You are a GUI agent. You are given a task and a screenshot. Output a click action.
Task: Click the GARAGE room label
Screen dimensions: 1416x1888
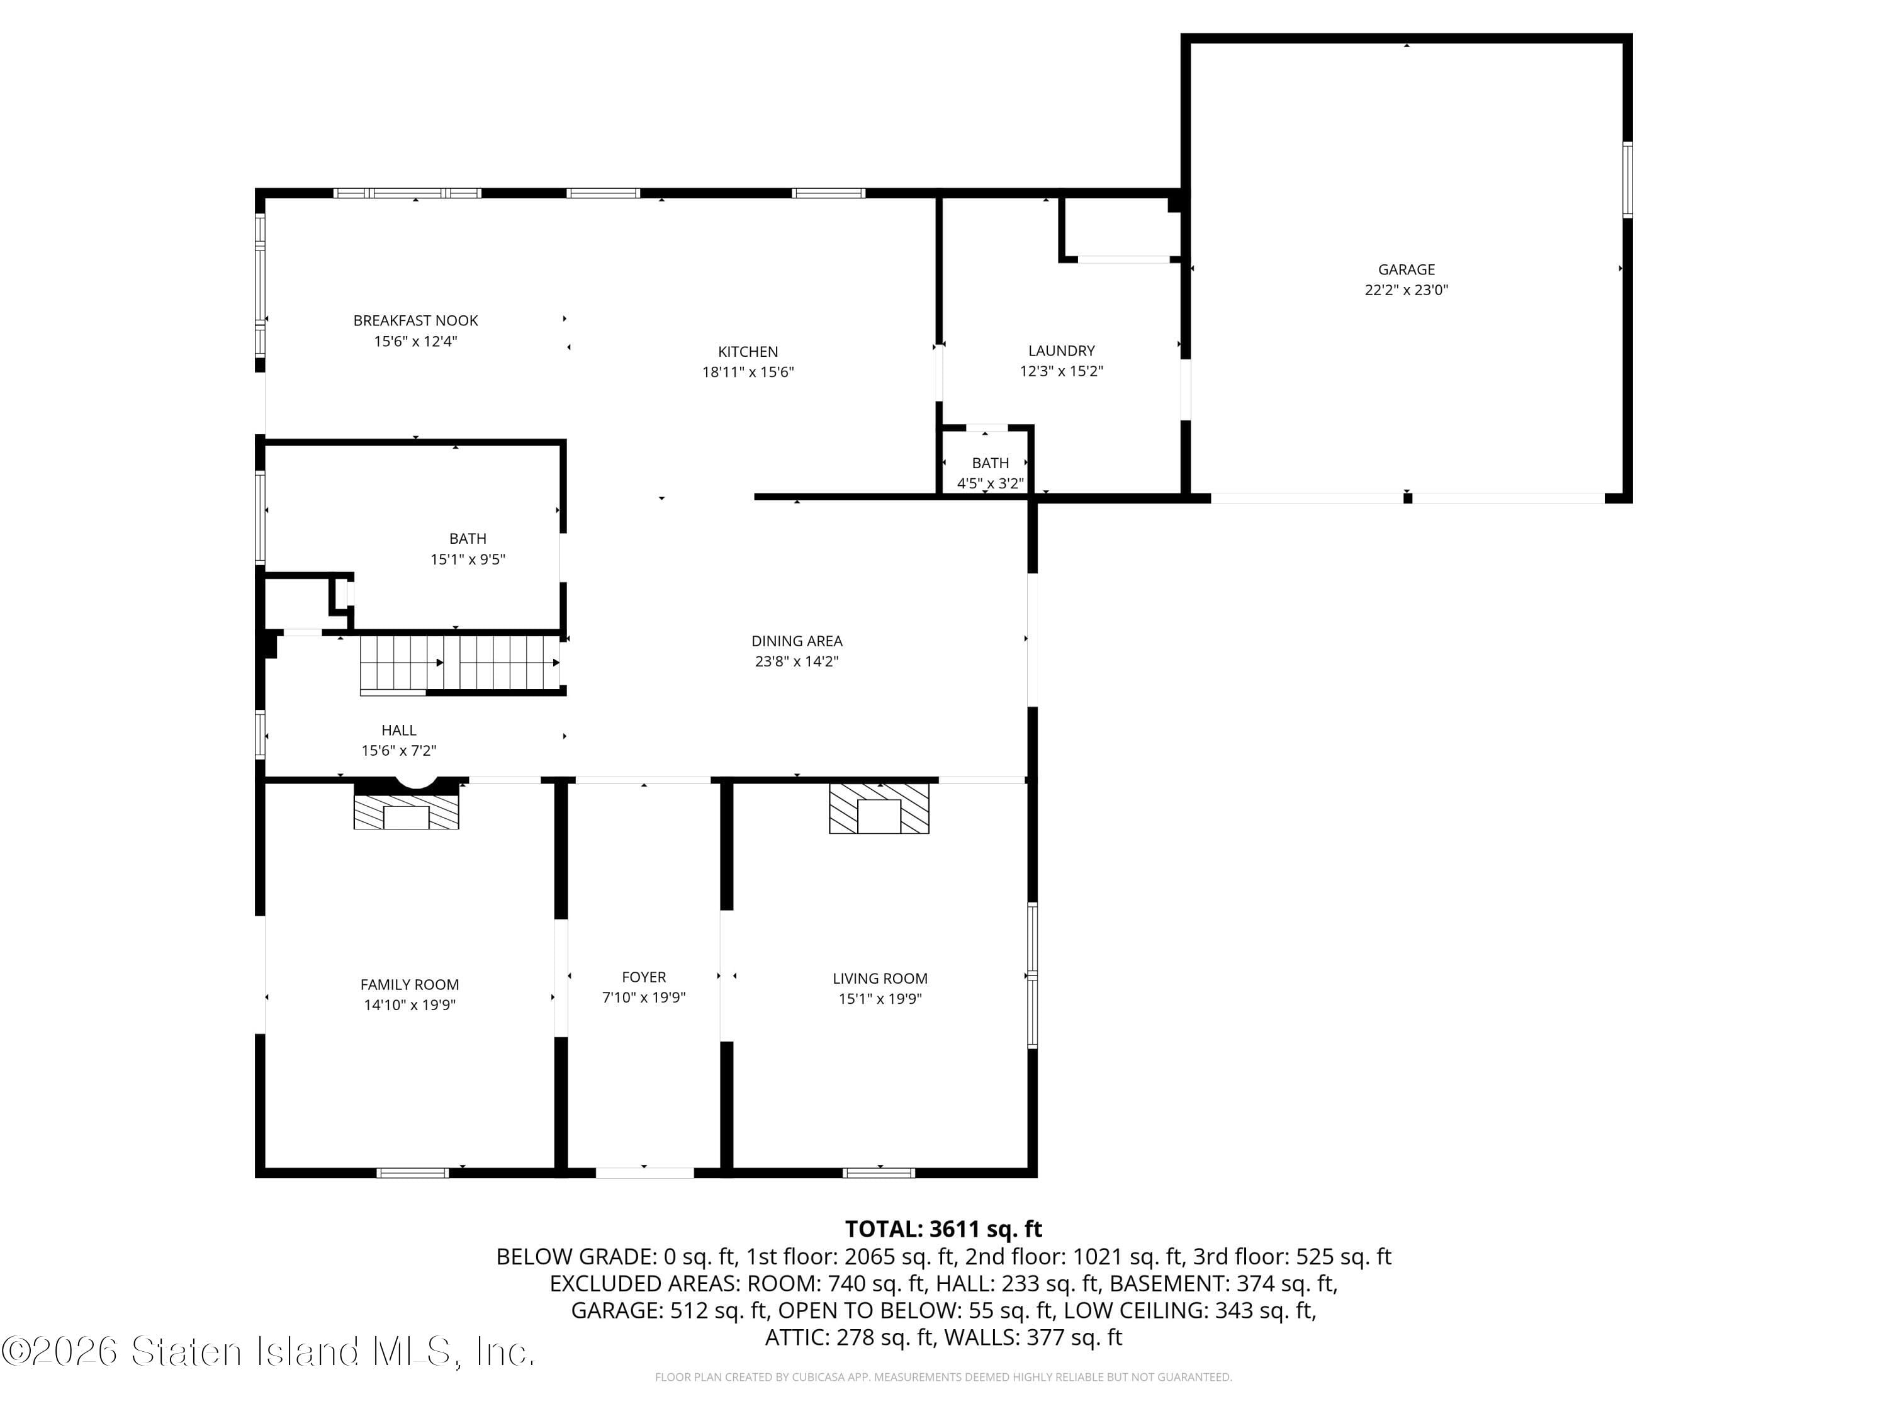1406,269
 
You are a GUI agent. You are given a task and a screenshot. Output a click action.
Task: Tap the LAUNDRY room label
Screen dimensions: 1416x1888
1061,350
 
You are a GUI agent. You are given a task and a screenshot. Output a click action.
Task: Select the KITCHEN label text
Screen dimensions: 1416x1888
748,351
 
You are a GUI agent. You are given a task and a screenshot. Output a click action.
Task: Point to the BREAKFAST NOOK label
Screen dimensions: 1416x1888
415,320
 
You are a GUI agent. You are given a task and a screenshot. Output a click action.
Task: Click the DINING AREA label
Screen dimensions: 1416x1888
796,640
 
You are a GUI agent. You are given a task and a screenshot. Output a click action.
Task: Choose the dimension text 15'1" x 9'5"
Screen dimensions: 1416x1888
468,559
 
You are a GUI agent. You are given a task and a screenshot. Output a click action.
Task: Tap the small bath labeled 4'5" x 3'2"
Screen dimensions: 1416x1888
990,473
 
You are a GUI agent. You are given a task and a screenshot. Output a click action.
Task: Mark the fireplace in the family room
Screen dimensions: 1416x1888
407,811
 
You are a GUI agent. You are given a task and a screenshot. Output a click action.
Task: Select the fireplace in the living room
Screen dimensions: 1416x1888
879,808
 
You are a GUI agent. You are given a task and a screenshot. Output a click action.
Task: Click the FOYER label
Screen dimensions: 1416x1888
644,977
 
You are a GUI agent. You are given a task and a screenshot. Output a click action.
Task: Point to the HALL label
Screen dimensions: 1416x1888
398,730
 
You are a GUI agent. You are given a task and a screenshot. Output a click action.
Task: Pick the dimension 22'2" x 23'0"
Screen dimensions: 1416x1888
1406,290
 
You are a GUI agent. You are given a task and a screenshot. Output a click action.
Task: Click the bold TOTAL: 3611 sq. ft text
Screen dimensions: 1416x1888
943,1229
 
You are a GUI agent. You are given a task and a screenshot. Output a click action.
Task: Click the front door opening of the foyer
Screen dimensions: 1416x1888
644,1172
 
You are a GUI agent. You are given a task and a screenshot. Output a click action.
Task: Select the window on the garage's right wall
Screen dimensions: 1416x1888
1627,179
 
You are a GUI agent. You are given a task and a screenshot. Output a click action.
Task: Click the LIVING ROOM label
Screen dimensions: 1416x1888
880,978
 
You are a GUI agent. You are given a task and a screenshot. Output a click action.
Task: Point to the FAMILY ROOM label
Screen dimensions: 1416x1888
410,984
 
